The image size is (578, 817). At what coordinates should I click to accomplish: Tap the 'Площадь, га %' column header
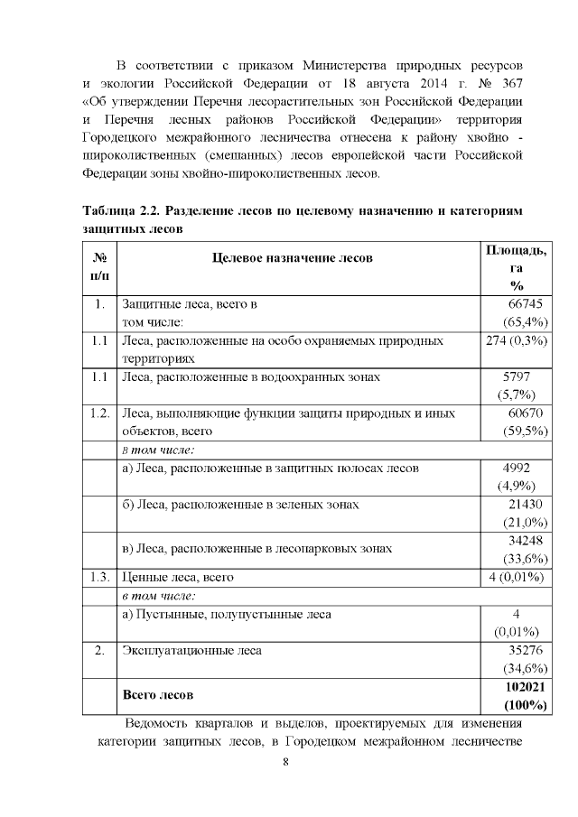[x=516, y=266]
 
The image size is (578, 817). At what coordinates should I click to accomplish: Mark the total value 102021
[x=522, y=686]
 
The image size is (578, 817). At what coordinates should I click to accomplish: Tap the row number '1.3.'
[x=99, y=577]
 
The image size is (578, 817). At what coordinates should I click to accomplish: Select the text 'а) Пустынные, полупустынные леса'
[x=226, y=614]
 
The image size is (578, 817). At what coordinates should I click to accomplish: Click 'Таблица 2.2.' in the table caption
[x=112, y=209]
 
